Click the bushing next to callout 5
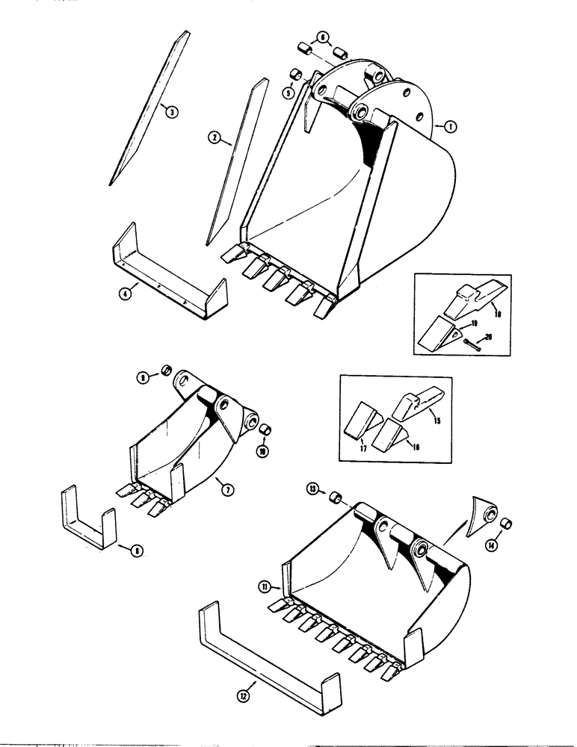pos(295,75)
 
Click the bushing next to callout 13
pos(335,495)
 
